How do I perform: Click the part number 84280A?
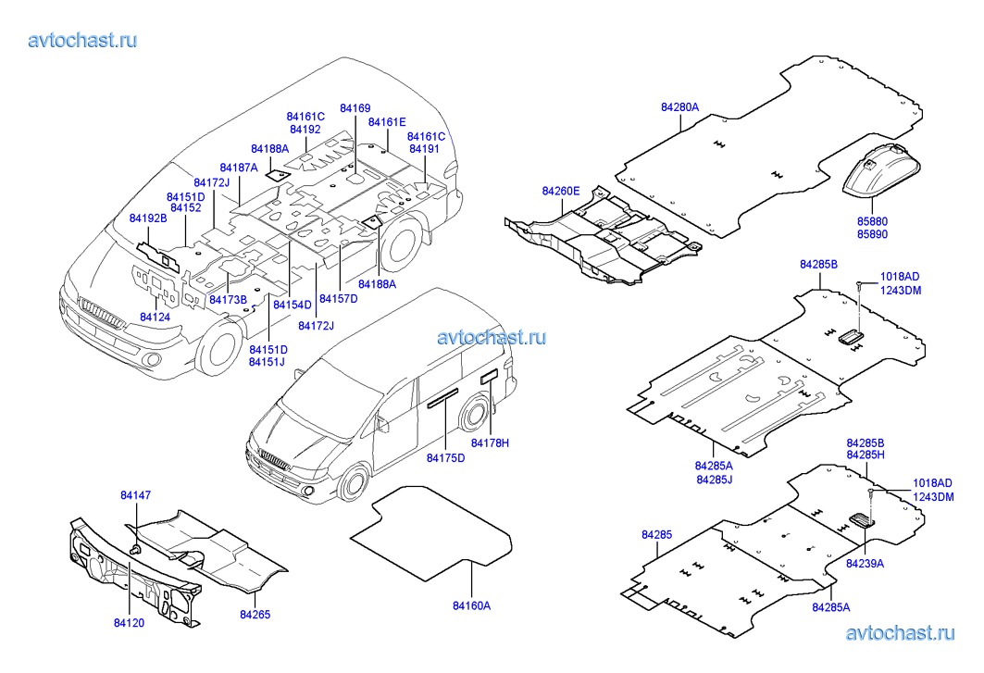click(679, 107)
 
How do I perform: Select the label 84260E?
click(561, 191)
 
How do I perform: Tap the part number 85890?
click(871, 236)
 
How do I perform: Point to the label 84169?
click(355, 109)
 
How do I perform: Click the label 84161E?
click(387, 122)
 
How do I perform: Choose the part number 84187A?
click(239, 167)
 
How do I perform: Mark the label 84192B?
click(148, 218)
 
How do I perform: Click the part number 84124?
click(155, 318)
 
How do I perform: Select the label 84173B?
click(228, 300)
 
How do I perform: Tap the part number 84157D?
click(337, 299)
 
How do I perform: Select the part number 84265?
click(255, 614)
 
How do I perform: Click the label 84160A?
click(471, 605)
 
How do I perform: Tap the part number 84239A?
click(865, 563)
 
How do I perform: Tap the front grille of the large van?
click(102, 314)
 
